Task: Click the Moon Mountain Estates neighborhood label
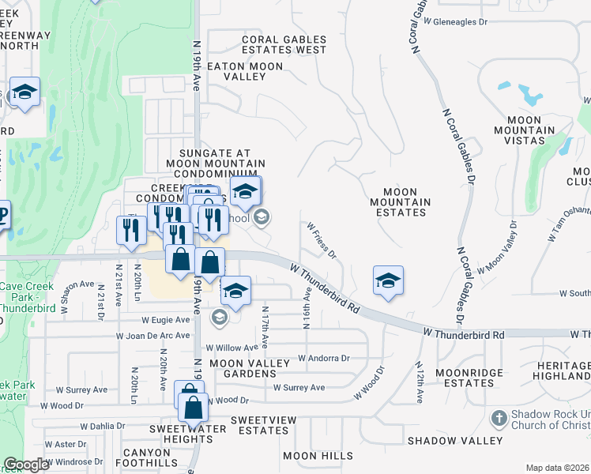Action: point(406,202)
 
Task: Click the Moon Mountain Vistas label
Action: point(519,130)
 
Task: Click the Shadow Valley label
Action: point(454,440)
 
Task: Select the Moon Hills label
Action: point(318,456)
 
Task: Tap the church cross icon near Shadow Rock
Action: point(499,417)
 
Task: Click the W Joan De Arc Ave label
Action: point(152,335)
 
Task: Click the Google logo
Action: point(27,465)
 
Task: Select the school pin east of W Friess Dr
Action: point(388,280)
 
